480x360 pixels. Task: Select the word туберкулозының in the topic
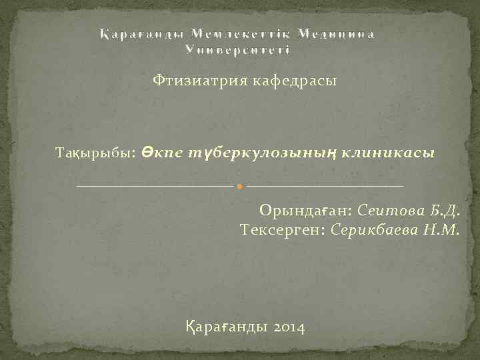tap(260, 153)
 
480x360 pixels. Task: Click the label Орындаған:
tap(306, 212)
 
